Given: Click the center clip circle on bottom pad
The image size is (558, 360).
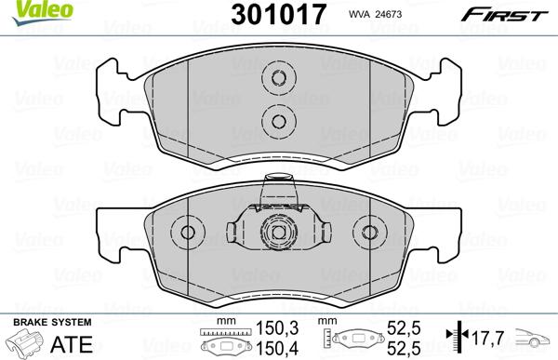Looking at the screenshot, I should click(277, 233).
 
